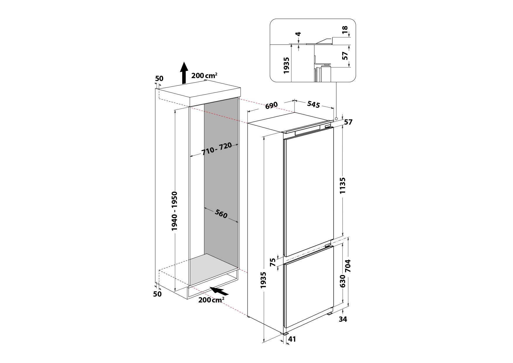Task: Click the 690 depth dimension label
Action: pyautogui.click(x=271, y=105)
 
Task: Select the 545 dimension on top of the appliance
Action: pyautogui.click(x=313, y=104)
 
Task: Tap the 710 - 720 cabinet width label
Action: pyautogui.click(x=216, y=149)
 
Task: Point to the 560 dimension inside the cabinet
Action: pyautogui.click(x=221, y=214)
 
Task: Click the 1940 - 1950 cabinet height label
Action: pyautogui.click(x=174, y=211)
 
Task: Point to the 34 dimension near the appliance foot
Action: pyautogui.click(x=343, y=319)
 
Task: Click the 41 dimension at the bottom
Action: pyautogui.click(x=292, y=339)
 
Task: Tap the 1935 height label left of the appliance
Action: pyautogui.click(x=264, y=280)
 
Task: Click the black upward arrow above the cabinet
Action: pyautogui.click(x=184, y=73)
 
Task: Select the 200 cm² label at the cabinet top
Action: pyautogui.click(x=204, y=75)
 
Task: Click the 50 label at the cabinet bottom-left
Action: pyautogui.click(x=157, y=294)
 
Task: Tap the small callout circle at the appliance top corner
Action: pyautogui.click(x=336, y=119)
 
